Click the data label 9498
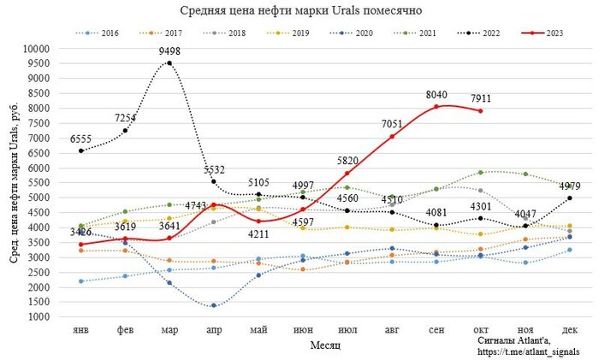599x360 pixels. tap(169, 51)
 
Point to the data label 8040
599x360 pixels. tap(437, 95)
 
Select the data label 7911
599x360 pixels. tap(481, 99)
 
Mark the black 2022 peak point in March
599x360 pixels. tap(169, 63)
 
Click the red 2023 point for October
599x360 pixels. tap(480, 111)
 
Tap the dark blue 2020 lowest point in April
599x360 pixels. tap(213, 305)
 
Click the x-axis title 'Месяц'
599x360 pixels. tap(323, 345)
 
